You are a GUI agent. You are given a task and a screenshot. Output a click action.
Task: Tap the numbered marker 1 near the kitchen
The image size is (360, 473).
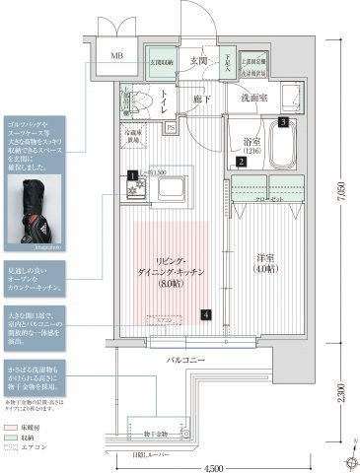130,176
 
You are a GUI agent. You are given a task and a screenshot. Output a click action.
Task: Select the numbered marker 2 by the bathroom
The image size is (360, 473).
240,162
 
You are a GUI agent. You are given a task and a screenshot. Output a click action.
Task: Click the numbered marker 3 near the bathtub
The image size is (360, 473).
283,122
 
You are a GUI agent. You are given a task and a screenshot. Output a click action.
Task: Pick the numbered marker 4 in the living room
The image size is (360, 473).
206,315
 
